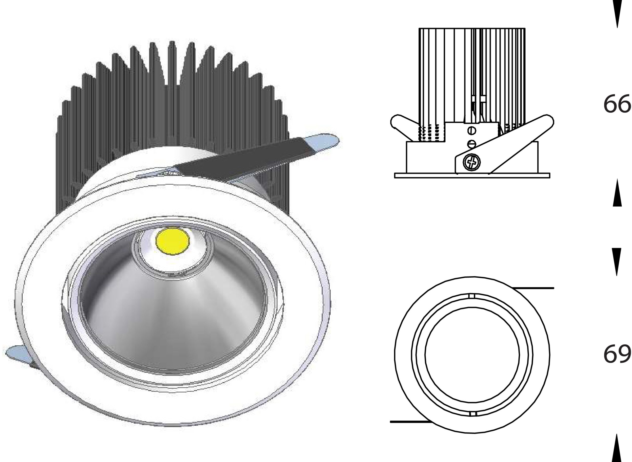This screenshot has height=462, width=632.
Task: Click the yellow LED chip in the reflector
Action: coord(173,241)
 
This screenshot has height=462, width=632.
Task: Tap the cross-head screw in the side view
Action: coord(472,162)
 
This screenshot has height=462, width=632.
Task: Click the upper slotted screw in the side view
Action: coord(472,131)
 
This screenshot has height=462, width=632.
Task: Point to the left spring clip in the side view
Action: coord(402,126)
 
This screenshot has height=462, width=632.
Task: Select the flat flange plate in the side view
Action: coord(472,175)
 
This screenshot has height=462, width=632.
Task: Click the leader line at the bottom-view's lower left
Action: coord(409,429)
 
